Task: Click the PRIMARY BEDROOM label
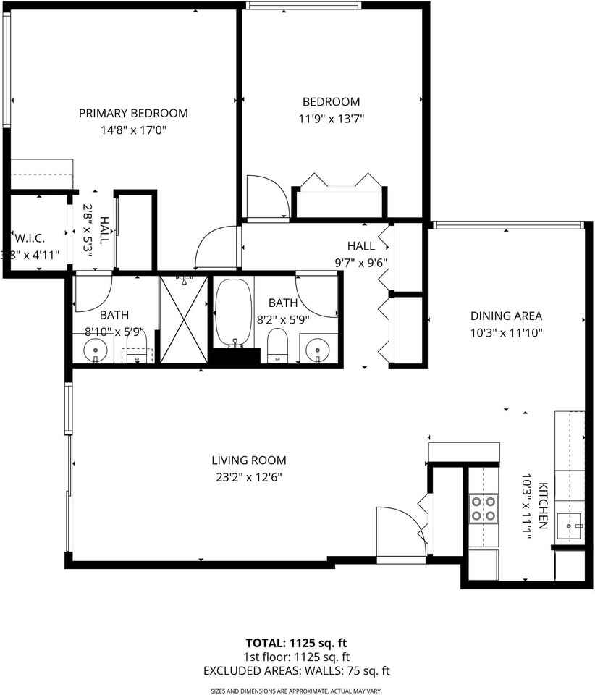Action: [133, 113]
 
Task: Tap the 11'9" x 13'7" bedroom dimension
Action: [331, 119]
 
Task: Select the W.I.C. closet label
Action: [30, 237]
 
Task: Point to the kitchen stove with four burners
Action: [484, 508]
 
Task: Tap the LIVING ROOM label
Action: [248, 460]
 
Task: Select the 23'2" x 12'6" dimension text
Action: [248, 477]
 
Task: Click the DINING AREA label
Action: [506, 316]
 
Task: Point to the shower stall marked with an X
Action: [184, 319]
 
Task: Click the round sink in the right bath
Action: [318, 351]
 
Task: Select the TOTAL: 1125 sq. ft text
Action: [297, 643]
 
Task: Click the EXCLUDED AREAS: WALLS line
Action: [297, 670]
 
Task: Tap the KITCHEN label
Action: [541, 507]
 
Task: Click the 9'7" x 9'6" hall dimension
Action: [363, 263]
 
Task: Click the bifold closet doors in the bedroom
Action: [337, 181]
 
